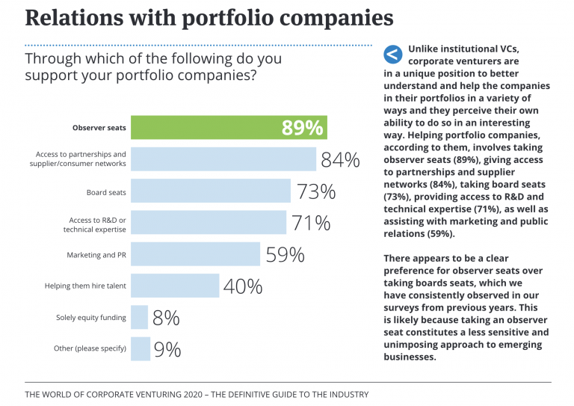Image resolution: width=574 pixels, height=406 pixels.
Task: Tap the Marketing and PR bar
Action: (x=195, y=255)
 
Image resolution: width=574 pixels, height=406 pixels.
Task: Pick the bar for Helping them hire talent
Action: (x=175, y=286)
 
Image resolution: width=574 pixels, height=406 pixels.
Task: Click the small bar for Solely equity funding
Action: (x=139, y=318)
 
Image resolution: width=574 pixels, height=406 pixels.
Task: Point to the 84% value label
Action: (x=340, y=160)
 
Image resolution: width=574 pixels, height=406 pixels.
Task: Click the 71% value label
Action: (x=310, y=223)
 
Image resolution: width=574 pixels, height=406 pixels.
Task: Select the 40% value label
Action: (x=243, y=286)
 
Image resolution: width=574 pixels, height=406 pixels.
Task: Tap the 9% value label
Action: (x=167, y=349)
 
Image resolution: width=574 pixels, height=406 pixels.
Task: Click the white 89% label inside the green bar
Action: (x=302, y=128)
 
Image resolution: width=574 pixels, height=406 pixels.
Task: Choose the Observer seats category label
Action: (x=99, y=128)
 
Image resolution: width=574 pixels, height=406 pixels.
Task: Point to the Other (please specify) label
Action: (x=90, y=348)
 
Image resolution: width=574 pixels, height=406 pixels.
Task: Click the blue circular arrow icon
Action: (x=392, y=54)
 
